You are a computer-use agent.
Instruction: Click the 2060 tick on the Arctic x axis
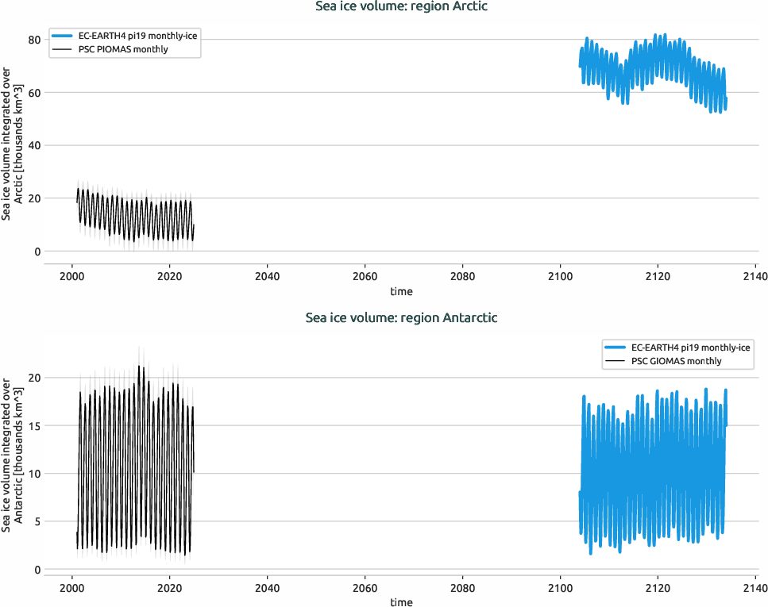pos(365,277)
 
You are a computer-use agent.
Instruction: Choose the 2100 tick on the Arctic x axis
pos(560,277)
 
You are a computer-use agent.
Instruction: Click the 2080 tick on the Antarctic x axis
pos(462,589)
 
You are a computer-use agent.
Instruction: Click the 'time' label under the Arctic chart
pos(401,291)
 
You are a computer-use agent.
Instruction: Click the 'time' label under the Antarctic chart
pos(401,602)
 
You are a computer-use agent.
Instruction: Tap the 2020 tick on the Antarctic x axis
pos(169,589)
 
